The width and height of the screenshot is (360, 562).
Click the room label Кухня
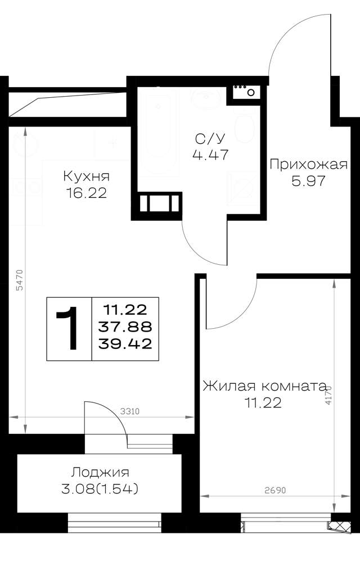(87, 176)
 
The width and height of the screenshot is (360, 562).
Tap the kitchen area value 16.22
(87, 193)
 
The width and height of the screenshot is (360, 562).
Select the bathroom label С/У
(210, 138)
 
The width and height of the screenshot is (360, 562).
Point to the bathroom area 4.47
(210, 155)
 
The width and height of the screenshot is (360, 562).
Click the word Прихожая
(308, 165)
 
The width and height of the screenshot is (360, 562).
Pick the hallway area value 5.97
(308, 181)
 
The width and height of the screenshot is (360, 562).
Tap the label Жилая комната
(264, 387)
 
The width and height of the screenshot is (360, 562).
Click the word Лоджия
(100, 473)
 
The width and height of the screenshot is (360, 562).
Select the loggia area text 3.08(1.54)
(100, 489)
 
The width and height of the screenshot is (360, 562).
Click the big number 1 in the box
(68, 329)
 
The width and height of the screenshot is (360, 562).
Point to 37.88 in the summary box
(125, 327)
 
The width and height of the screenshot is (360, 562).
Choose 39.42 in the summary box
(125, 344)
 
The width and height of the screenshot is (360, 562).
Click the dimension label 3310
(130, 411)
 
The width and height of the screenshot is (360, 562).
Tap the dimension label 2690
(276, 490)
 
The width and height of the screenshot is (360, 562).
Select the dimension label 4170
(328, 395)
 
